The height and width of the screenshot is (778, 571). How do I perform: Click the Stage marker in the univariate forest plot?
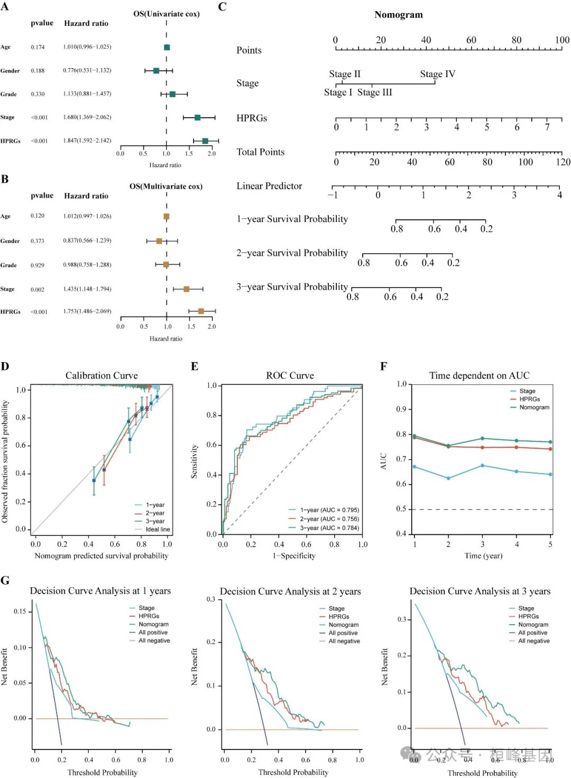[x=197, y=117]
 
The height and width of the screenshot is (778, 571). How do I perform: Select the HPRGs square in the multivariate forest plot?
[x=201, y=311]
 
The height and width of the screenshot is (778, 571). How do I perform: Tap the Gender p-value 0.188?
[x=38, y=70]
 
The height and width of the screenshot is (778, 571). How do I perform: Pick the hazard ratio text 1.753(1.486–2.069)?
[x=87, y=311]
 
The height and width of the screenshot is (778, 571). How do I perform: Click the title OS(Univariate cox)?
[x=166, y=14]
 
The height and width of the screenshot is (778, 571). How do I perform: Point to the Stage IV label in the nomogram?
[x=437, y=74]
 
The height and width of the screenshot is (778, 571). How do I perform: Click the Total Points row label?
[x=260, y=152]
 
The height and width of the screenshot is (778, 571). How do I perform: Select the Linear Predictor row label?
[x=269, y=186]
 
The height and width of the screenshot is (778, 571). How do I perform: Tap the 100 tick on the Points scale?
[x=562, y=40]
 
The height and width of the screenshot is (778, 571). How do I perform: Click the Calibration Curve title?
[x=102, y=376]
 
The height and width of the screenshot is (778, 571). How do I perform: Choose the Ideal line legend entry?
[x=158, y=529]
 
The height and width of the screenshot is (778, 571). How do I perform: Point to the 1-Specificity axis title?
[x=294, y=556]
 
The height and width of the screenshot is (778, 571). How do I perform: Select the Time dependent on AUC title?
[x=479, y=376]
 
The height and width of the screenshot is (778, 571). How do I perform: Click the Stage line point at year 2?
[x=448, y=478]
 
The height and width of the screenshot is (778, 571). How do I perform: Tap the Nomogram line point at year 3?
[x=482, y=439]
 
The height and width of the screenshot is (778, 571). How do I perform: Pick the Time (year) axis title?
[x=483, y=556]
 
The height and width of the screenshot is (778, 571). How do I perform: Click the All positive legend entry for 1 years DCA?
[x=153, y=632]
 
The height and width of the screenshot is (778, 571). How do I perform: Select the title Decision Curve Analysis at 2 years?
[x=290, y=591]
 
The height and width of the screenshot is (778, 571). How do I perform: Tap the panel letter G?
[x=5, y=581]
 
